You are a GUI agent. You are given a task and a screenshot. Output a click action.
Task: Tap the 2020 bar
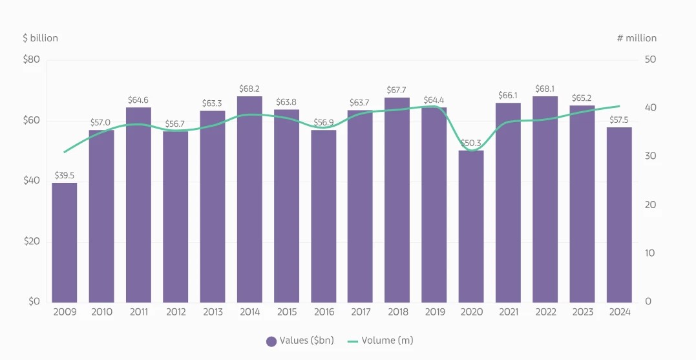pyautogui.click(x=471, y=226)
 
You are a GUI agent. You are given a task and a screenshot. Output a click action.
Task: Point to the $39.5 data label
pyautogui.click(x=65, y=175)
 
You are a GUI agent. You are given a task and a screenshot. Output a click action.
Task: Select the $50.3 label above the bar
pyautogui.click(x=471, y=143)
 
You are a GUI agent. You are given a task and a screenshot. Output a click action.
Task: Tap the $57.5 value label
pyautogui.click(x=619, y=120)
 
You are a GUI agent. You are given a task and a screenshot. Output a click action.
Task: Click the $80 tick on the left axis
pyautogui.click(x=32, y=60)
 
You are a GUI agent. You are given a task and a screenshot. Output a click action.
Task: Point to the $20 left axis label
pyautogui.click(x=32, y=242)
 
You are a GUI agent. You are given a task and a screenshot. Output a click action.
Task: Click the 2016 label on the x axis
pyautogui.click(x=323, y=312)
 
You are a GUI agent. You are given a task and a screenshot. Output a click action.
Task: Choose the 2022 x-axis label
pyautogui.click(x=545, y=312)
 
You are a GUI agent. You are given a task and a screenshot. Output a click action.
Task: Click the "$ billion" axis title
pyautogui.click(x=40, y=38)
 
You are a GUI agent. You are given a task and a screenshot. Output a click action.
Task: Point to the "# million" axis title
pyautogui.click(x=637, y=38)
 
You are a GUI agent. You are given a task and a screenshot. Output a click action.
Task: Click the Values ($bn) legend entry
pyautogui.click(x=300, y=341)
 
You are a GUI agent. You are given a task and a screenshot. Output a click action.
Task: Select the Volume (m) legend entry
pyautogui.click(x=380, y=341)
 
